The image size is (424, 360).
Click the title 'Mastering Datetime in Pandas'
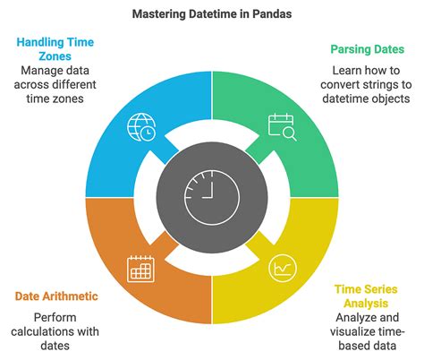211,14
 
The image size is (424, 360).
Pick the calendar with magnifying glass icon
283,126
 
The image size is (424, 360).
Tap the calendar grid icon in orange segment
141,266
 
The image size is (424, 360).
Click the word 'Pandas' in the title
271,14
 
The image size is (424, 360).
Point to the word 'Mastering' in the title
160,14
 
